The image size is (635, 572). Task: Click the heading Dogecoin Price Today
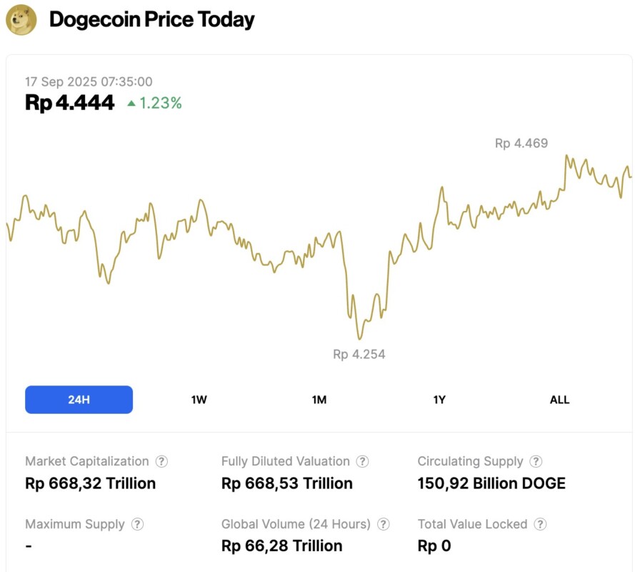pyautogui.click(x=151, y=19)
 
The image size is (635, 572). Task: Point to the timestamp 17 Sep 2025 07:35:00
pyautogui.click(x=89, y=82)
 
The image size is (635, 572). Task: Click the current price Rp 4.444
pyautogui.click(x=69, y=103)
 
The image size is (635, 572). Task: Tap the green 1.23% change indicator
pyautogui.click(x=154, y=104)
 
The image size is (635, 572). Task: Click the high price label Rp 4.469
pyautogui.click(x=521, y=143)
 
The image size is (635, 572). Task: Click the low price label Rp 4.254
pyautogui.click(x=359, y=354)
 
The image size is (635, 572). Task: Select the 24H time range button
pyautogui.click(x=79, y=400)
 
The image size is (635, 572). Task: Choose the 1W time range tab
pyautogui.click(x=199, y=400)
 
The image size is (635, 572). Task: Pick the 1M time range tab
pyautogui.click(x=319, y=400)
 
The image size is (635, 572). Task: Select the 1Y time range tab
pyautogui.click(x=439, y=400)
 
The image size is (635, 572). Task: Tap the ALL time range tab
pyautogui.click(x=559, y=400)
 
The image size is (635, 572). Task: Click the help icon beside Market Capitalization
pyautogui.click(x=161, y=462)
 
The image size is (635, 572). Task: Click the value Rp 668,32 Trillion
pyautogui.click(x=90, y=483)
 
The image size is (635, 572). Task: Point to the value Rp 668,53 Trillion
pyautogui.click(x=286, y=483)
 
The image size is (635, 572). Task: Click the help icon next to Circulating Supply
pyautogui.click(x=536, y=462)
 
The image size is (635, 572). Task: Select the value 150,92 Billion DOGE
pyautogui.click(x=491, y=483)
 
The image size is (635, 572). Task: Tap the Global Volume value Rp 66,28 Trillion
pyautogui.click(x=281, y=546)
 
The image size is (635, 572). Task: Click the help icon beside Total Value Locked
pyautogui.click(x=540, y=524)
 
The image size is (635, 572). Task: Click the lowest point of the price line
pyautogui.click(x=359, y=339)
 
